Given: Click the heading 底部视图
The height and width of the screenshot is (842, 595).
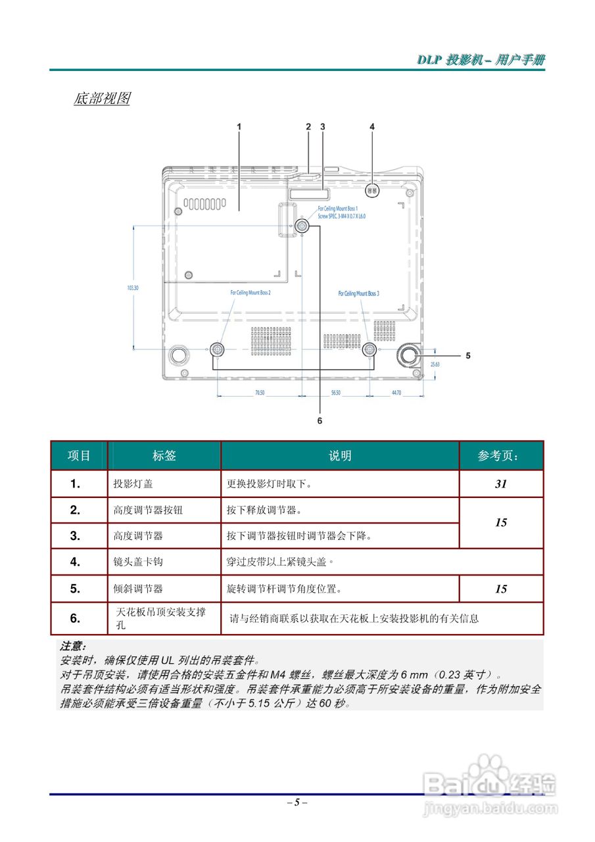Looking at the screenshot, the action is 101,99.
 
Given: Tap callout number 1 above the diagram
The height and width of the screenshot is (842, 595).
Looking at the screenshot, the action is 239,126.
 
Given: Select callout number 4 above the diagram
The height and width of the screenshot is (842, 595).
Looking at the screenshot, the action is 372,126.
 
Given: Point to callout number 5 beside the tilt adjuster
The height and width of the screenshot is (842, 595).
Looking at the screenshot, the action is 468,355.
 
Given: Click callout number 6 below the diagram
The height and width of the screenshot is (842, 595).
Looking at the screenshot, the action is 320,419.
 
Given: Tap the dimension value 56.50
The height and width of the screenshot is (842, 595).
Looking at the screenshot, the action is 335,392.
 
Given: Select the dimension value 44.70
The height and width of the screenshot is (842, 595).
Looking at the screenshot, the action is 396,392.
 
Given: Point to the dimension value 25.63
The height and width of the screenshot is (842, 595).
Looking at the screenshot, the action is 435,363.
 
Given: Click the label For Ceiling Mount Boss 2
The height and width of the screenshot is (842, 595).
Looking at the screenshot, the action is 250,292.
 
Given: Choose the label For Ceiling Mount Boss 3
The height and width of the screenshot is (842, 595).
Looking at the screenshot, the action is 358,293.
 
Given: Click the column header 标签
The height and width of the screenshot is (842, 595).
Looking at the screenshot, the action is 164,455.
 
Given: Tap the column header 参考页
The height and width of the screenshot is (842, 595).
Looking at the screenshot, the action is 501,455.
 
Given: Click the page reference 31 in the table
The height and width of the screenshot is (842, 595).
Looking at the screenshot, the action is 501,483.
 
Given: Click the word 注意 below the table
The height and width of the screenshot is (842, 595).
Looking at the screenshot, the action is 73,647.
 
